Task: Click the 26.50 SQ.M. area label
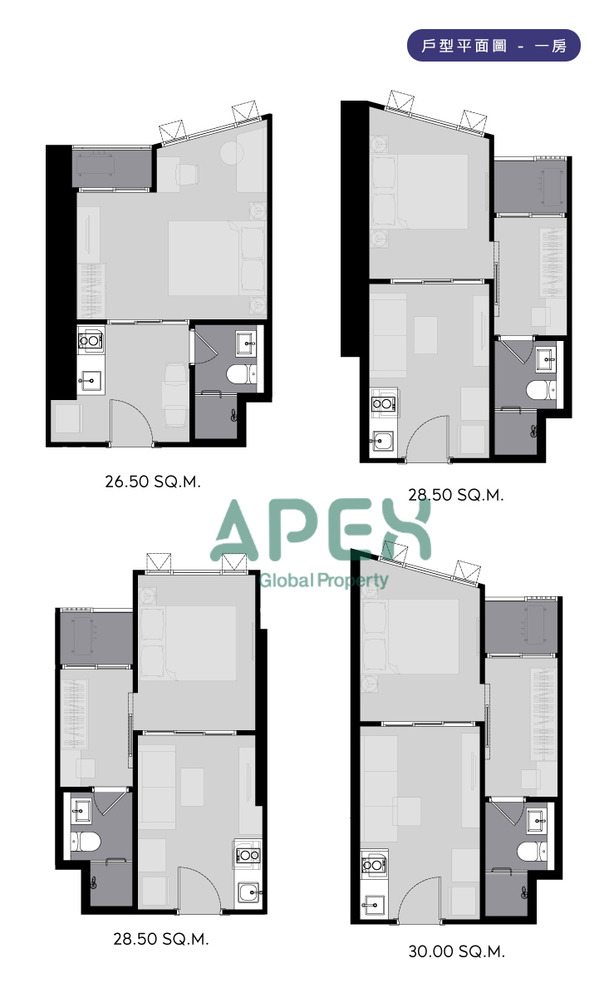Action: tap(153, 482)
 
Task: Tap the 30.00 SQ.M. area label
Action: tap(456, 951)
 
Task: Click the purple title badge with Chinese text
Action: tap(494, 46)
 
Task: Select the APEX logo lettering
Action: tap(321, 530)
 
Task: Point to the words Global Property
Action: tap(324, 581)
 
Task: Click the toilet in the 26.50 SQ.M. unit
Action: tap(241, 374)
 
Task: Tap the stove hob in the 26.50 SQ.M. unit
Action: tap(91, 341)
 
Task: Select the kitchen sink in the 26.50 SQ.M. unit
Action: tap(91, 382)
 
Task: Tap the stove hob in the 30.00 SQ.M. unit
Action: tap(374, 865)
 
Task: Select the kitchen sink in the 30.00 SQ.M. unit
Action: tap(373, 906)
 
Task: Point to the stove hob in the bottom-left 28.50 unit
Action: tap(247, 855)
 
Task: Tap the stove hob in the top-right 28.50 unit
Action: tap(383, 403)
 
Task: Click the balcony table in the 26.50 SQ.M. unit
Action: tap(95, 166)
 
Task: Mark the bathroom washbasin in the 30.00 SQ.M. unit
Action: tap(538, 821)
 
